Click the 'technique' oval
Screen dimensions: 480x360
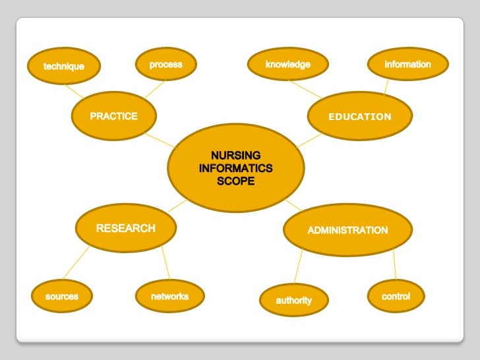coord(64,67)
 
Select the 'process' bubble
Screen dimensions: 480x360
coord(165,65)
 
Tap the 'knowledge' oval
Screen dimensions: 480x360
coord(287,65)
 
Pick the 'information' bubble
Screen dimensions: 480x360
coord(407,65)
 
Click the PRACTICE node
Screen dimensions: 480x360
coord(113,117)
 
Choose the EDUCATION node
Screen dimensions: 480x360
coord(360,117)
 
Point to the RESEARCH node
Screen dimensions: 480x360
coord(125,229)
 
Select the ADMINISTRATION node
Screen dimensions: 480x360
coord(347,230)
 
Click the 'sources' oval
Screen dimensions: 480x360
coord(61,297)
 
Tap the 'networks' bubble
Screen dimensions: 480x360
coord(169,297)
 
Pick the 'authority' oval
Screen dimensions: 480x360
coord(293,301)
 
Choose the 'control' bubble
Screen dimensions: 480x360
coord(396,297)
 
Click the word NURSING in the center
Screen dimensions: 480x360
coord(235,156)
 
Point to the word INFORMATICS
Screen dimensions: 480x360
coord(235,169)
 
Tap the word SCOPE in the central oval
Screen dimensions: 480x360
coord(235,181)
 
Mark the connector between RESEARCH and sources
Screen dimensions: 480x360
coord(76,263)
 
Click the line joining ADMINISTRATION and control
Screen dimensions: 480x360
coord(394,264)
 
